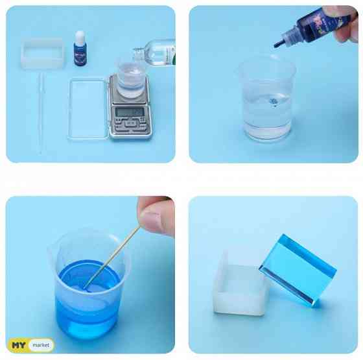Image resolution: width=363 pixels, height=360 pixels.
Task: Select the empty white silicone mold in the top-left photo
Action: coord(43,53)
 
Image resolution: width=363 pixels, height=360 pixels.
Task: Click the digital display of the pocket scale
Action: coord(129,112)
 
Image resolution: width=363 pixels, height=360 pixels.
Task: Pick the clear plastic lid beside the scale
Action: coord(89,109)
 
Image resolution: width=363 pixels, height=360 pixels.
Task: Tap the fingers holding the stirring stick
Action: coord(157,215)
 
